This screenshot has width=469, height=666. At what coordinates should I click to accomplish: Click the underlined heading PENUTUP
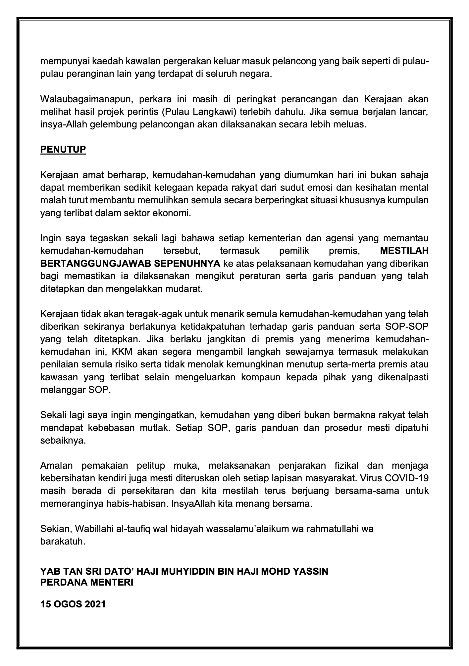[x=63, y=150]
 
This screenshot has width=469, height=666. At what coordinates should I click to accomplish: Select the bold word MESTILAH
[x=404, y=251]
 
